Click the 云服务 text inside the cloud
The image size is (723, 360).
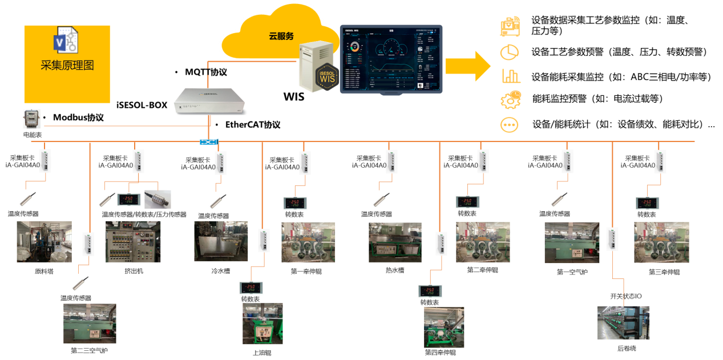click(x=281, y=36)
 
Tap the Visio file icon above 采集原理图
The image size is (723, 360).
click(x=67, y=42)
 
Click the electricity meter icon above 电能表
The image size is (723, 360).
click(x=32, y=119)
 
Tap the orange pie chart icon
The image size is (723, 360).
click(x=510, y=52)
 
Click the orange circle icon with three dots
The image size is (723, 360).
click(x=510, y=125)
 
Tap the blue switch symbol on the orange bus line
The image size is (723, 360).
click(x=209, y=141)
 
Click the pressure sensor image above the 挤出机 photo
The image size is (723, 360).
click(x=157, y=199)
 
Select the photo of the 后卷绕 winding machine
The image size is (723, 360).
click(x=623, y=322)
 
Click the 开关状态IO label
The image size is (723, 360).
click(x=625, y=297)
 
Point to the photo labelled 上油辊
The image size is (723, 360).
click(x=262, y=326)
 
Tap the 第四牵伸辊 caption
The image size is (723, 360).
click(x=440, y=353)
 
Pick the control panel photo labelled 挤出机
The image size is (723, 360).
click(x=133, y=242)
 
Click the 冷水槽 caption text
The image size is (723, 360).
click(x=220, y=272)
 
